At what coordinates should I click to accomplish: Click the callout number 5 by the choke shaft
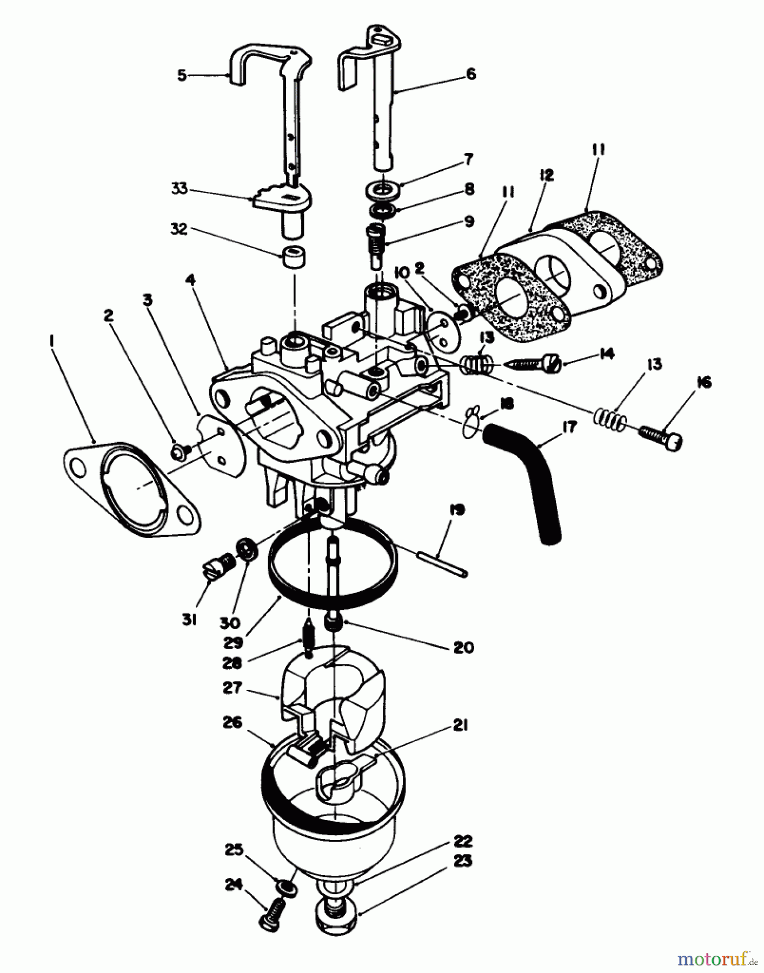[x=182, y=75]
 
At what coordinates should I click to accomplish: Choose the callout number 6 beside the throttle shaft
[x=471, y=74]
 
